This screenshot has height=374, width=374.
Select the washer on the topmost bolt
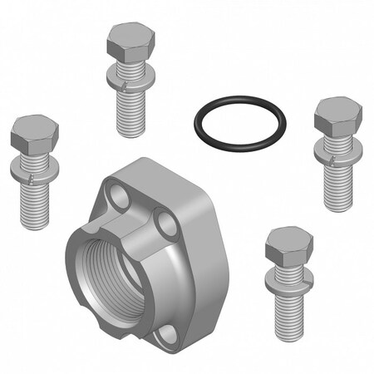[x=128, y=78]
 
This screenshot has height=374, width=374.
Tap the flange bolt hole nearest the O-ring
[x=170, y=225]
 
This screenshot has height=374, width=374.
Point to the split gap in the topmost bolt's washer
[x=121, y=84]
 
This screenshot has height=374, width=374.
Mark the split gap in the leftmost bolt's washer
[x=27, y=179]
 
